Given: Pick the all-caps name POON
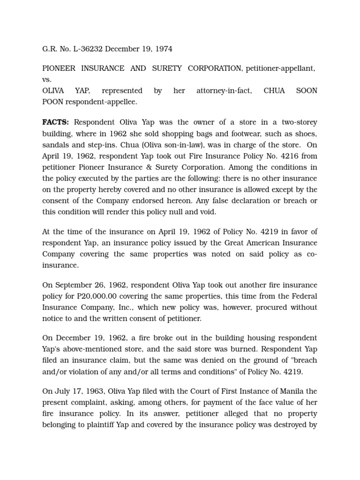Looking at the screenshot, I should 52,102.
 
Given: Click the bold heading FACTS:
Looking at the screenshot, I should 56,122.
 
